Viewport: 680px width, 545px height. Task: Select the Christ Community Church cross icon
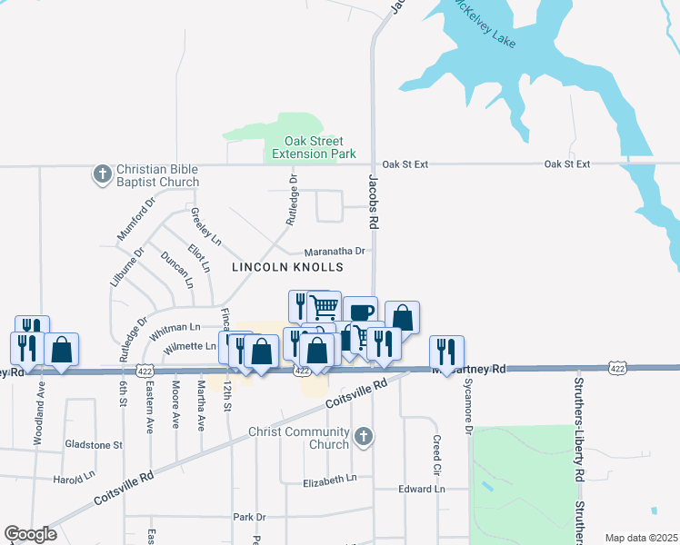(x=363, y=437)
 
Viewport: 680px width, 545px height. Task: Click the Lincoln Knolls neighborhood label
(x=287, y=267)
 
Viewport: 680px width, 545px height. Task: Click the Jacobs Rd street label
(x=373, y=201)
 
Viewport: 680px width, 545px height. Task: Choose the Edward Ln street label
(x=422, y=489)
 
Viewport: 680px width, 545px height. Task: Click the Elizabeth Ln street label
(x=331, y=480)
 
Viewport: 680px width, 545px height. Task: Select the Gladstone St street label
(x=93, y=445)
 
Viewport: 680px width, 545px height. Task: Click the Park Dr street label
(x=248, y=517)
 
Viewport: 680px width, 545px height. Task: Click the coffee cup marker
(x=360, y=311)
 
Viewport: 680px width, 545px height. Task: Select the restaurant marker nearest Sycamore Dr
(x=446, y=350)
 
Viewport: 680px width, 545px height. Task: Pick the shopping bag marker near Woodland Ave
(x=60, y=349)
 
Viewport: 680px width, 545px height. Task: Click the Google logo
(x=30, y=534)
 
